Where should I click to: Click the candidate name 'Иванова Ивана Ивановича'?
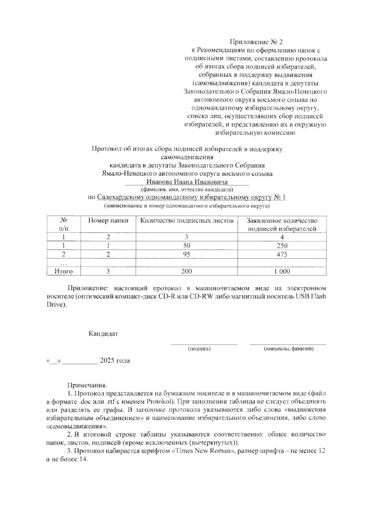[x=187, y=182]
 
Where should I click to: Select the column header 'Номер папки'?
[x=108, y=220]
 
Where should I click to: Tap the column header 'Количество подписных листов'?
[x=187, y=220]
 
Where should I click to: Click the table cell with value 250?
[x=282, y=246]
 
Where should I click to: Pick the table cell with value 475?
[x=282, y=254]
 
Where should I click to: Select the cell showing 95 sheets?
[x=187, y=254]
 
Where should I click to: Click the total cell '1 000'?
[x=282, y=271]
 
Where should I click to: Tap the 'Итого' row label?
[x=63, y=271]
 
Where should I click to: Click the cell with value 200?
[x=187, y=271]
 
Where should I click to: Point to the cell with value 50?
[x=187, y=246]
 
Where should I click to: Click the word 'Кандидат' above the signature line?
[x=103, y=334]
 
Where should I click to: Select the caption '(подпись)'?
[x=199, y=348]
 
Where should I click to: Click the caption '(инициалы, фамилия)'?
[x=289, y=348]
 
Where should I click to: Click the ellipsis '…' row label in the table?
[x=63, y=263]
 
